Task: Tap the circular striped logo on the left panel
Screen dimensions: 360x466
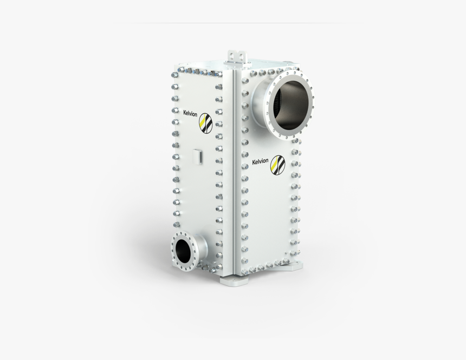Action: [206, 123]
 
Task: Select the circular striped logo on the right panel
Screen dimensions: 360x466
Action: [278, 165]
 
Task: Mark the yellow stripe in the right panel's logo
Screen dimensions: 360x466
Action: [276, 166]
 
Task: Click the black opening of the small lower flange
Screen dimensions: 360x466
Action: [183, 250]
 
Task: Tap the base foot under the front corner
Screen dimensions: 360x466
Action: [232, 280]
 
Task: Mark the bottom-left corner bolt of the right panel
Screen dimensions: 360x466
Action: [245, 270]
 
